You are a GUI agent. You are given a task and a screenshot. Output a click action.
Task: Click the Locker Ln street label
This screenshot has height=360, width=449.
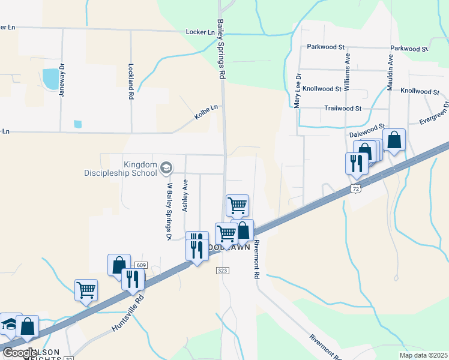coord(200,32)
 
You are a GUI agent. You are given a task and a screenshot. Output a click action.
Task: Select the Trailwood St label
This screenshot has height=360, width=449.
coord(342,109)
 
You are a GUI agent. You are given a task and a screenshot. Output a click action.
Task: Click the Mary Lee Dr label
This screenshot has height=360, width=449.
coord(297,90)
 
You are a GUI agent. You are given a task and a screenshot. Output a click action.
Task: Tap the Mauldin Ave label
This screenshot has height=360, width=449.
coord(390,73)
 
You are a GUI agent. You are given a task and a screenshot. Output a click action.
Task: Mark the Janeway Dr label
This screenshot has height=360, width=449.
coord(60,79)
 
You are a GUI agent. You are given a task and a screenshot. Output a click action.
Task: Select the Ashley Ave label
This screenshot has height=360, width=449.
coord(185,194)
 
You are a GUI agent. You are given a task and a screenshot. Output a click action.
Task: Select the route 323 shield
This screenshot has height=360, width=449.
coord(223,271)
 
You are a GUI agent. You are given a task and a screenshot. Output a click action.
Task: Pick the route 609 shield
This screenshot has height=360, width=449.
coord(141,265)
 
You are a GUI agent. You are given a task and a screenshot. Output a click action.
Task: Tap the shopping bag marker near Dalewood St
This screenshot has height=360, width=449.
coord(394,141)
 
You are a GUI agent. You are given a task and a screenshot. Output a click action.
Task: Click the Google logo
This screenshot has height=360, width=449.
coord(20,352)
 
